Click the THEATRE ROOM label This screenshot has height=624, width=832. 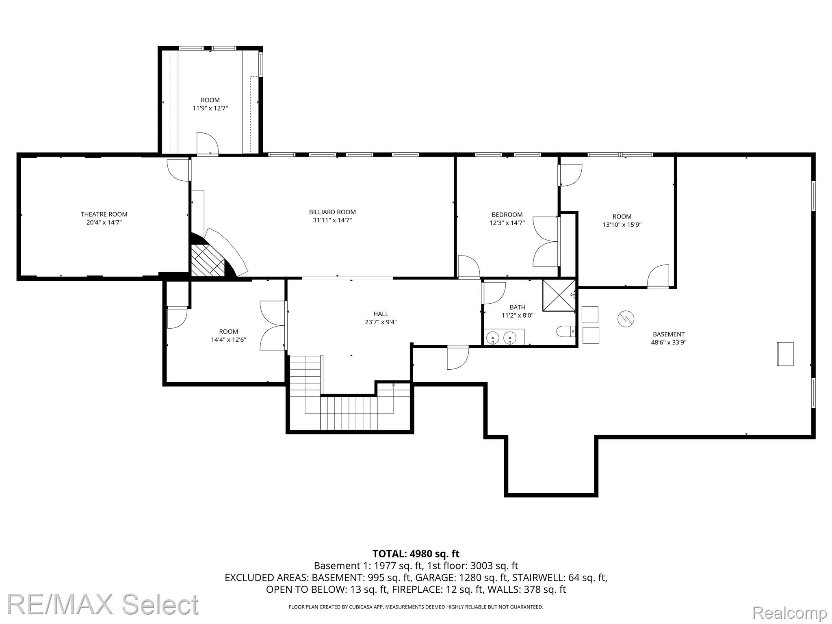tap(104, 214)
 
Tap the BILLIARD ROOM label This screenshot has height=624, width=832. tap(332, 212)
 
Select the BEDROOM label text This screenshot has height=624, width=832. tap(507, 215)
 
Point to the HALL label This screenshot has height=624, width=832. tap(381, 314)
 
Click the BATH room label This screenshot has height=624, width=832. tap(518, 308)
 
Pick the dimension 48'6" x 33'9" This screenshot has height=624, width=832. tap(669, 342)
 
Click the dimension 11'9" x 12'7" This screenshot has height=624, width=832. tap(210, 108)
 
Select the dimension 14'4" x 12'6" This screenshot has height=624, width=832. tap(229, 340)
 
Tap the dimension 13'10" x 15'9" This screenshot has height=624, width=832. tap(622, 225)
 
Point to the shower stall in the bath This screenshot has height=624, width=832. tap(559, 295)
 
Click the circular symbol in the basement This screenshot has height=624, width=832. tap(626, 318)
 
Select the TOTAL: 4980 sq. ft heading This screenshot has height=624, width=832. tap(416, 554)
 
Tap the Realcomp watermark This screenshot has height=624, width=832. tap(789, 612)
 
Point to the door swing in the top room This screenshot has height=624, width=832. tap(208, 143)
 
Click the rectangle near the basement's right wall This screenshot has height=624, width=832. tap(785, 354)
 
